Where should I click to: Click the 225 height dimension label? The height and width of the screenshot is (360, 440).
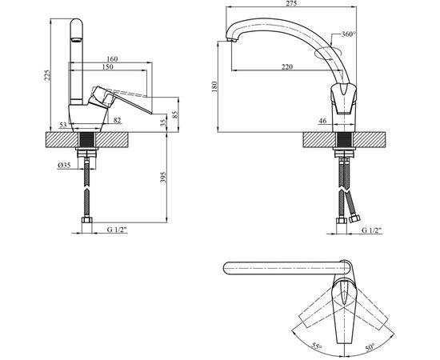(47, 75)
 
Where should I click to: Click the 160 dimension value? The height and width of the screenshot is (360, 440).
(112, 59)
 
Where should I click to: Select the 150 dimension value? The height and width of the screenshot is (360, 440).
(108, 66)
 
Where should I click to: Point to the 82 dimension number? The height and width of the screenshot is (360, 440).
(118, 120)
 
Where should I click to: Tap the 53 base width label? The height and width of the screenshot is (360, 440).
(63, 125)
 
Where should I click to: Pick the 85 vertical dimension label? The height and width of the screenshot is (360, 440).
(175, 114)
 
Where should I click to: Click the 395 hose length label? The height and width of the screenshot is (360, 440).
(163, 177)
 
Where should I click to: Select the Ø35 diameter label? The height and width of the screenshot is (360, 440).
(64, 166)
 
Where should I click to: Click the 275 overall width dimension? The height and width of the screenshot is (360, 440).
(292, 3)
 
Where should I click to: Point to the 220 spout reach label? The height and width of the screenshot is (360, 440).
(286, 66)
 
